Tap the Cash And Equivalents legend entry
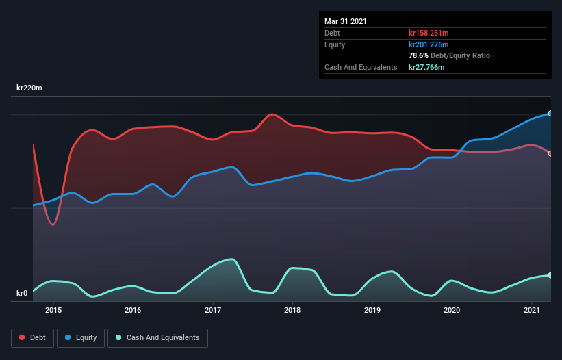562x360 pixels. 157,337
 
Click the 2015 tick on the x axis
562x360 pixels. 53,310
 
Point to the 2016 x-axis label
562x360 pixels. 133,310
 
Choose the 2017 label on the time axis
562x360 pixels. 213,310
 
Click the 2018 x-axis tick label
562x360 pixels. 292,310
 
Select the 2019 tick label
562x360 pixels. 372,310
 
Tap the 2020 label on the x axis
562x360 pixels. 452,310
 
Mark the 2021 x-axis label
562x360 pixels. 532,310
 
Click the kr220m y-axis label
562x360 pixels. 31,88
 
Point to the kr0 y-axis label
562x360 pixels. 22,294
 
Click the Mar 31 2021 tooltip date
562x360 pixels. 346,21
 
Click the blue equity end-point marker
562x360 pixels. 550,114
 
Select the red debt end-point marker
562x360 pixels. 550,153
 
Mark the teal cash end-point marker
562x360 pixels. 550,275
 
